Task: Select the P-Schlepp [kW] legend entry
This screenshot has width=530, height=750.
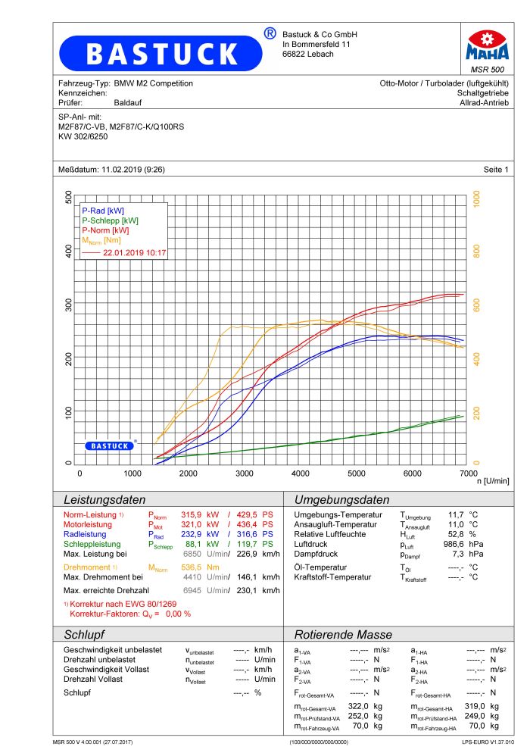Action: pos(110,220)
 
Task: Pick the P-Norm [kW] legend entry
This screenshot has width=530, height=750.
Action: pos(105,230)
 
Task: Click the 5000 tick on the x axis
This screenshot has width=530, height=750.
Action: pos(356,473)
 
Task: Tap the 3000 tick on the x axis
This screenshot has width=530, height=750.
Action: pos(245,473)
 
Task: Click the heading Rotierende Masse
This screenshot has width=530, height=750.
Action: pos(343,634)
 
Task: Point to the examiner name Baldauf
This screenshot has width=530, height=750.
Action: pos(128,102)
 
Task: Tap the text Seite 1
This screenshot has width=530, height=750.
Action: pos(496,168)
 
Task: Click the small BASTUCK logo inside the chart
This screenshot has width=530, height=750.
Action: pos(110,446)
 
